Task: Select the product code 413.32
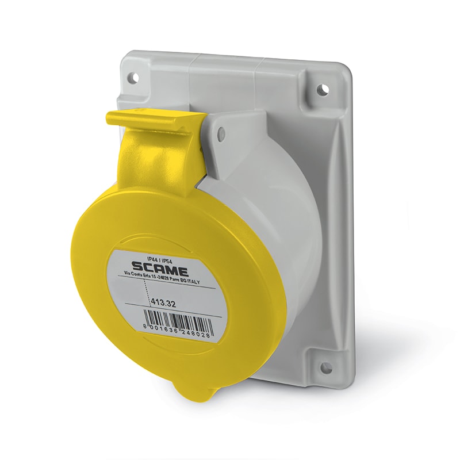coord(163,304)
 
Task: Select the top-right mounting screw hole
coord(323,89)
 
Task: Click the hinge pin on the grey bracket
coord(221,135)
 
